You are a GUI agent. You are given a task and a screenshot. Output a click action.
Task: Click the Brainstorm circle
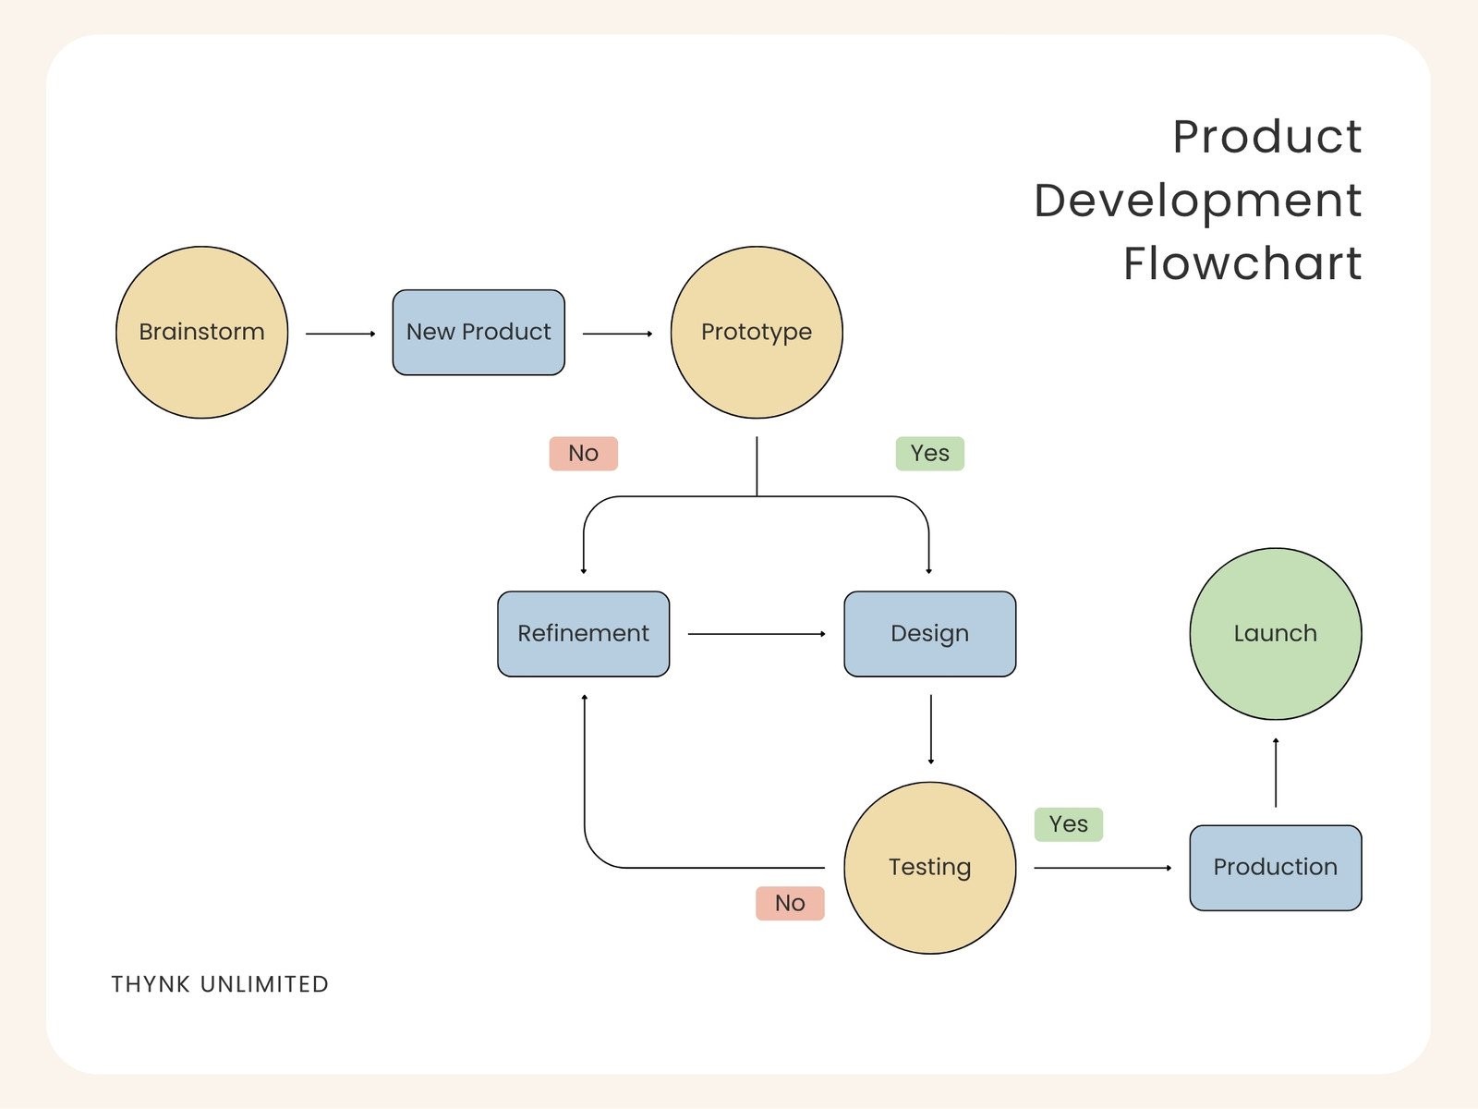[x=201, y=332]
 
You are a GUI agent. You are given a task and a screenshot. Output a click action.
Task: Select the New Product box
[x=479, y=332]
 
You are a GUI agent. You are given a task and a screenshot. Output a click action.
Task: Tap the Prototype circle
[x=757, y=332]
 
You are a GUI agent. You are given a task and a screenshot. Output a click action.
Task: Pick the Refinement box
[x=583, y=634]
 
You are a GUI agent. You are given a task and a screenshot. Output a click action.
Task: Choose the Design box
[x=929, y=634]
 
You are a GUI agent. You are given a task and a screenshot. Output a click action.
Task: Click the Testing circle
[x=929, y=868]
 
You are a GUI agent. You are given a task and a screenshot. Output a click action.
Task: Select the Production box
[x=1275, y=868]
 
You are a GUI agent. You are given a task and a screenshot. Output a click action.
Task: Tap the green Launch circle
[x=1275, y=634]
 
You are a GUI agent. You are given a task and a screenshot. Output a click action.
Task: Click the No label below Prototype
[x=583, y=454]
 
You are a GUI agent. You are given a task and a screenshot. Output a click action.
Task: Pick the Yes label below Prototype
[x=929, y=454]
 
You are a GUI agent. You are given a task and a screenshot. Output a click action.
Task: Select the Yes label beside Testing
[x=1068, y=824]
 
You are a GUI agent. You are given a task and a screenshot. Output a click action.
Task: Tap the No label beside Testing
[x=790, y=903]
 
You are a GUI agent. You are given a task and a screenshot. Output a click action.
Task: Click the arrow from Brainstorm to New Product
[x=340, y=334]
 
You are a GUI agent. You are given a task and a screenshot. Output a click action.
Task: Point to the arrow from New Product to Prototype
[x=617, y=334]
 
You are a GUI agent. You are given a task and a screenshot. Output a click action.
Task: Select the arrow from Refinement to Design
[x=756, y=634]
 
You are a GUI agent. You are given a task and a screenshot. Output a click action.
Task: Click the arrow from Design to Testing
[x=930, y=729]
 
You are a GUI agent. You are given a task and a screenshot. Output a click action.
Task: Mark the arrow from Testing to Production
[x=1102, y=868]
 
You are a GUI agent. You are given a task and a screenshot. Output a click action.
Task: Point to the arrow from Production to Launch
[x=1276, y=773]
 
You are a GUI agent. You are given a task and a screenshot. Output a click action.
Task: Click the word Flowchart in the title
[x=1242, y=263]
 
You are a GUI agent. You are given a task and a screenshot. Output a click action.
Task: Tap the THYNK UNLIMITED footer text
[x=220, y=984]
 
